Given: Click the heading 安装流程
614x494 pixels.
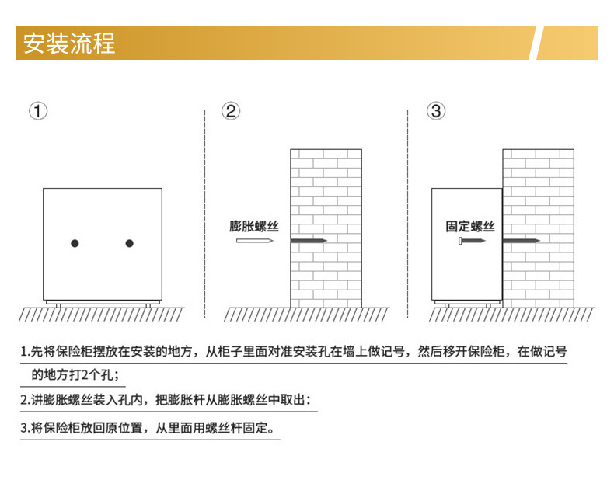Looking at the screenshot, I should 69,43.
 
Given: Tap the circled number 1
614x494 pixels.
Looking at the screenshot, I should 38,111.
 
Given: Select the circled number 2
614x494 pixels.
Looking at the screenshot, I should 231,111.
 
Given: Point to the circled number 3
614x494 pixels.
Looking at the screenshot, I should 436,111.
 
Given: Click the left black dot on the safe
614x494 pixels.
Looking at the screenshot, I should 75,244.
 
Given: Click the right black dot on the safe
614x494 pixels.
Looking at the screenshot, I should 129,244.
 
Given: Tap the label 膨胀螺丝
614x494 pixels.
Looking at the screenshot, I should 254,226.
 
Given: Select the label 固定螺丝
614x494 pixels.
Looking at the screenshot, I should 470,226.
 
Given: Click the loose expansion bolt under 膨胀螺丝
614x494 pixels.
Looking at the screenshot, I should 255,242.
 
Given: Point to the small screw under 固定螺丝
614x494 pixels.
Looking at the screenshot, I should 471,242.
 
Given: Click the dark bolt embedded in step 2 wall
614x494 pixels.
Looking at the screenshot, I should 308,242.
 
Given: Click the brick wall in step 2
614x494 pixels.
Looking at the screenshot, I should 326,194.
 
